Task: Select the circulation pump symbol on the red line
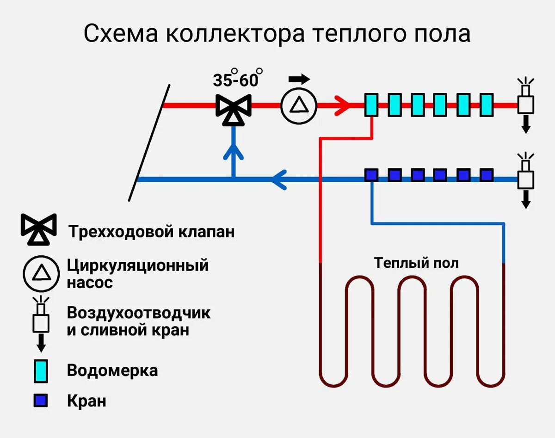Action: click(x=298, y=105)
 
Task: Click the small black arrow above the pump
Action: click(x=299, y=79)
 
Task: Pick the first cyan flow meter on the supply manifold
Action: click(x=371, y=105)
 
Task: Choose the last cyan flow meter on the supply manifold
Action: click(x=487, y=105)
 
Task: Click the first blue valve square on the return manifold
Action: click(x=371, y=175)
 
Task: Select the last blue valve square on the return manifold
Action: click(x=487, y=175)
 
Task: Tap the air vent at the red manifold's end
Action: click(x=525, y=103)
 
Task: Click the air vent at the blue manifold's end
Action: click(x=525, y=178)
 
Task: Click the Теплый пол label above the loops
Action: click(x=416, y=263)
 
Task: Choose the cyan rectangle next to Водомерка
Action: click(x=41, y=370)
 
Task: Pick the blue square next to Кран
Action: click(x=41, y=401)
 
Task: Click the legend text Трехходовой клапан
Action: click(x=151, y=231)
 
